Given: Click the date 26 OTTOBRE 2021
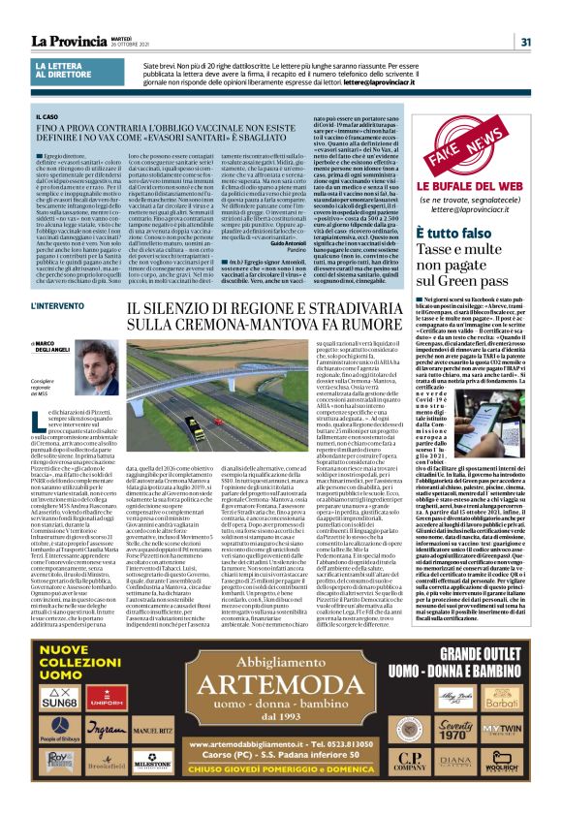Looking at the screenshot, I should click(146, 46).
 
